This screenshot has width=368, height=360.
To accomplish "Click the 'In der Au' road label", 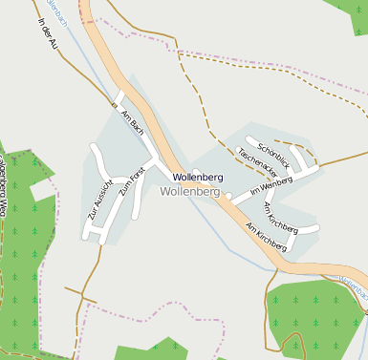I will [48, 34].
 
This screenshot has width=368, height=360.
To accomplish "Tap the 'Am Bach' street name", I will [132, 119].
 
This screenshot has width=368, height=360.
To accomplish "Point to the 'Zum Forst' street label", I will [130, 180].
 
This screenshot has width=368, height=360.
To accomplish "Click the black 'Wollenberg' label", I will [198, 178].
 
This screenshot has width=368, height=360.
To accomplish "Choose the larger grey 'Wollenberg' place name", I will [192, 191].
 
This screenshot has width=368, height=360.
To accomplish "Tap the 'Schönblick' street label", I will [273, 155].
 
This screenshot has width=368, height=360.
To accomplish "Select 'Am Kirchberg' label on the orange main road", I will [266, 238].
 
